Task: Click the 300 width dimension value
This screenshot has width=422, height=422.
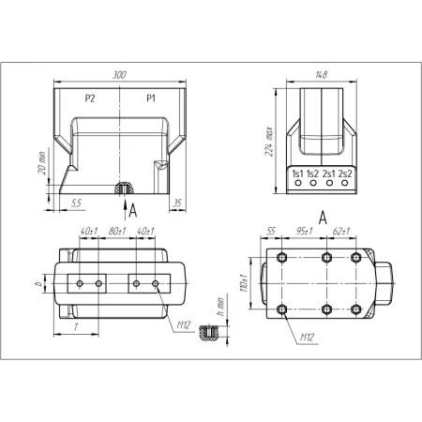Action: (x=119, y=75)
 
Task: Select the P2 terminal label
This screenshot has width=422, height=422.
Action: (x=90, y=98)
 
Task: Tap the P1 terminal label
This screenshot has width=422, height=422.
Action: (x=151, y=98)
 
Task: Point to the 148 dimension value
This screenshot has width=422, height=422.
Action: (x=322, y=75)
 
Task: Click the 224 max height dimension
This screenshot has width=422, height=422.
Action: (x=269, y=142)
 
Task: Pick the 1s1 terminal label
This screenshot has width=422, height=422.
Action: (x=297, y=173)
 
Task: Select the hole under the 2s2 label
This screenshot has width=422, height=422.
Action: (x=344, y=183)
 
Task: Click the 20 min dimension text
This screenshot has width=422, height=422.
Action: (x=42, y=163)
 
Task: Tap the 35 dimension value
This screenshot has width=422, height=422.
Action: (x=177, y=203)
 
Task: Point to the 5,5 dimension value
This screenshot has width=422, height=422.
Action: (x=76, y=203)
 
